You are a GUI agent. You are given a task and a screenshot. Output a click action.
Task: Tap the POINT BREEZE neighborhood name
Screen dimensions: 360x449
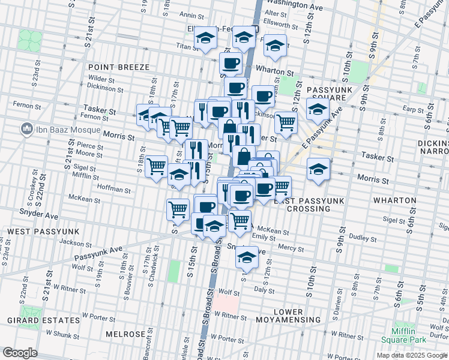[113, 67]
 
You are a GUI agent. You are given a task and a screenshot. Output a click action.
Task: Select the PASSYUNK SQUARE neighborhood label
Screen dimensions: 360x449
[327, 94]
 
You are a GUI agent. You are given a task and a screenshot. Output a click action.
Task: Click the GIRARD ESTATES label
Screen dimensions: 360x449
[42, 320]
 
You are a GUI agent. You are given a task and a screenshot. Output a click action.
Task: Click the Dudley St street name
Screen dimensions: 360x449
[363, 238]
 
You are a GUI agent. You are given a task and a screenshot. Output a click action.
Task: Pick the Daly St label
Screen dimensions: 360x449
[264, 289]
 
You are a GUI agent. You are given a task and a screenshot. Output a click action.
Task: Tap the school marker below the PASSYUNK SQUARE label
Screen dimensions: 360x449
[318, 109]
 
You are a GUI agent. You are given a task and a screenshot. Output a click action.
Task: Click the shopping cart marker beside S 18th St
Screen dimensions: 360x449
[156, 165]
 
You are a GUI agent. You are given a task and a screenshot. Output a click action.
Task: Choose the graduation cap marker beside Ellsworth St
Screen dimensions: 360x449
[275, 46]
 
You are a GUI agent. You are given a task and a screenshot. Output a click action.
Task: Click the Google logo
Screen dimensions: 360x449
[20, 353]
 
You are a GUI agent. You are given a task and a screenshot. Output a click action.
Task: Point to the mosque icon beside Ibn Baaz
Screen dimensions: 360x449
[26, 129]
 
